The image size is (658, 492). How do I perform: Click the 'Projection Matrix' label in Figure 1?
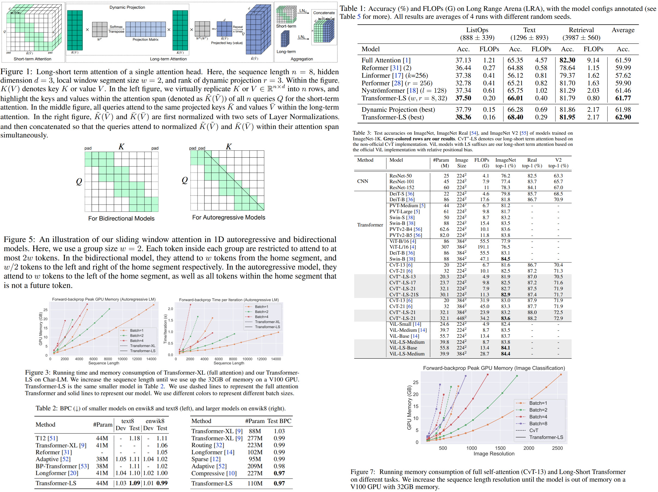click(x=145, y=40)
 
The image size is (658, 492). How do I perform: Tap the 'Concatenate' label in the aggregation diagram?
click(x=324, y=13)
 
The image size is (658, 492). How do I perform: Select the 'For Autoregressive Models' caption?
click(x=228, y=218)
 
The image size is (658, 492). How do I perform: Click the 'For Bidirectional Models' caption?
click(x=121, y=218)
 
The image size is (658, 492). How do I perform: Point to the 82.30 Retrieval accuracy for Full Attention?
click(x=567, y=60)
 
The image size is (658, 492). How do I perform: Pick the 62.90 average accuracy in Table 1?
click(x=623, y=117)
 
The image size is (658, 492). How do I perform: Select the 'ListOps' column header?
click(x=477, y=30)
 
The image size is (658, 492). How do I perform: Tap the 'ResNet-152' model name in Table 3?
click(x=402, y=188)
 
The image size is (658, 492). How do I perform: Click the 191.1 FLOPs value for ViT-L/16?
click(x=483, y=247)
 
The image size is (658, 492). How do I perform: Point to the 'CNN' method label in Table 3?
click(x=363, y=181)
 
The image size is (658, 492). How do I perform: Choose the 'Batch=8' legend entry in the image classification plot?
click(x=538, y=424)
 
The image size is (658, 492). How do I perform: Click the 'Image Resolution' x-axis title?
click(x=494, y=454)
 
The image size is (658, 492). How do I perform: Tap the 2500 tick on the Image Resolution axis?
click(x=557, y=448)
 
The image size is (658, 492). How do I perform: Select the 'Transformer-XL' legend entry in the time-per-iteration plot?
click(x=267, y=322)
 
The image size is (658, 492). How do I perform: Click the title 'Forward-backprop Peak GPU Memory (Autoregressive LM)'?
click(x=104, y=300)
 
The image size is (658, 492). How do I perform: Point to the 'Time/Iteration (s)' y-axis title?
click(x=165, y=329)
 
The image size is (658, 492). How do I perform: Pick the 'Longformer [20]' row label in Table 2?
click(x=56, y=473)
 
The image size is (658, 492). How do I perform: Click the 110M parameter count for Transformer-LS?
click(x=255, y=483)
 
